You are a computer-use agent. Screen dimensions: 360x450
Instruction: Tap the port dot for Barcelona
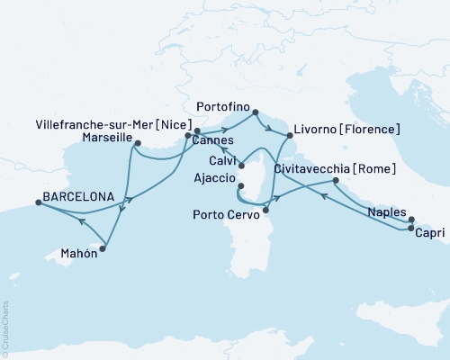(38, 203)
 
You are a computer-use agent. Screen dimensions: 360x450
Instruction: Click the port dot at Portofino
(255, 112)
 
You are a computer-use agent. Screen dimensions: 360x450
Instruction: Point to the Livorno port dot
(289, 135)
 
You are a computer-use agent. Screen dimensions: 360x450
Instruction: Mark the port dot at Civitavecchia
(336, 181)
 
